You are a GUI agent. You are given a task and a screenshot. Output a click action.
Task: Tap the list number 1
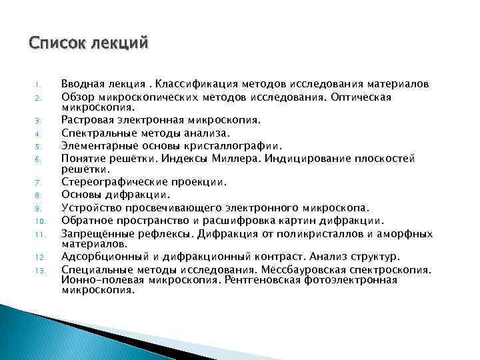38,85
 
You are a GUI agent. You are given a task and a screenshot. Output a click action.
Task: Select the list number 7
39,182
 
